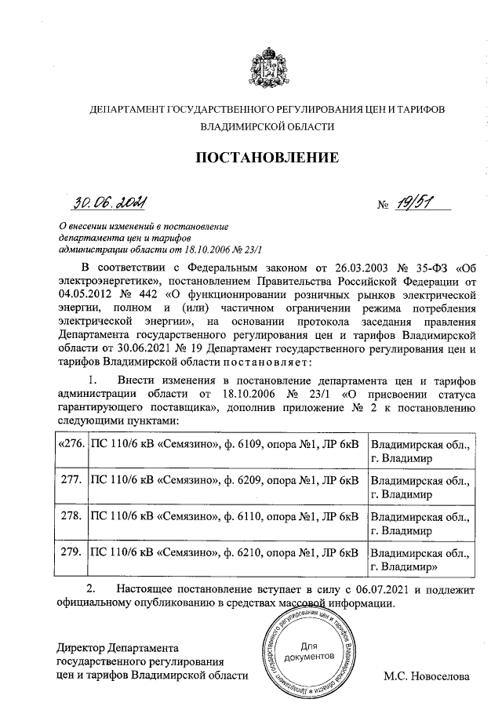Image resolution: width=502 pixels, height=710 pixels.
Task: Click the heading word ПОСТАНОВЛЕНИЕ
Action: [267, 158]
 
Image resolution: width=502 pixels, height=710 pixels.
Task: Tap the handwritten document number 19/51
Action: [415, 205]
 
